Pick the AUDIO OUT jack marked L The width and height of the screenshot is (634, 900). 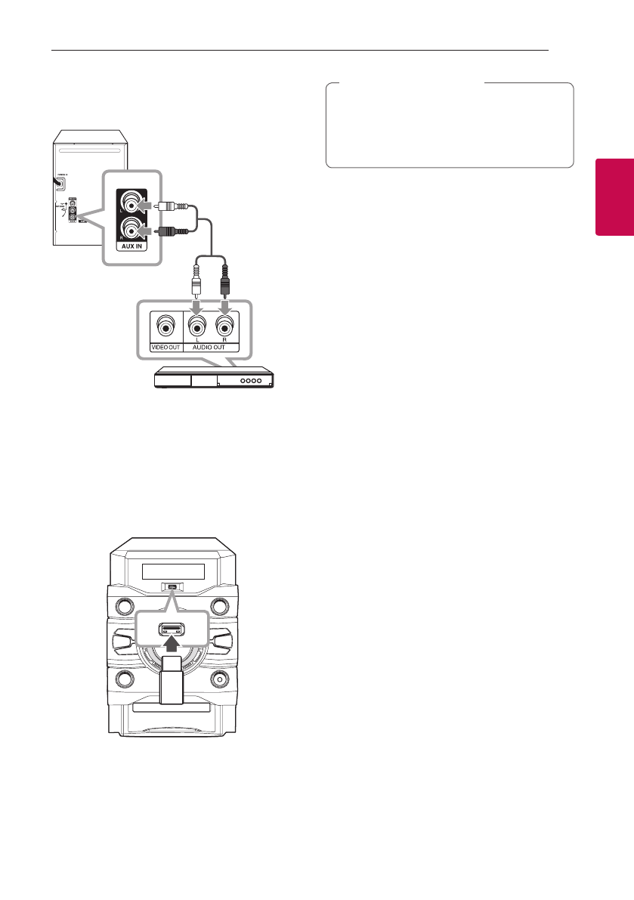tap(196, 328)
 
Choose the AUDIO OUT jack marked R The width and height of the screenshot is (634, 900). tap(224, 328)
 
